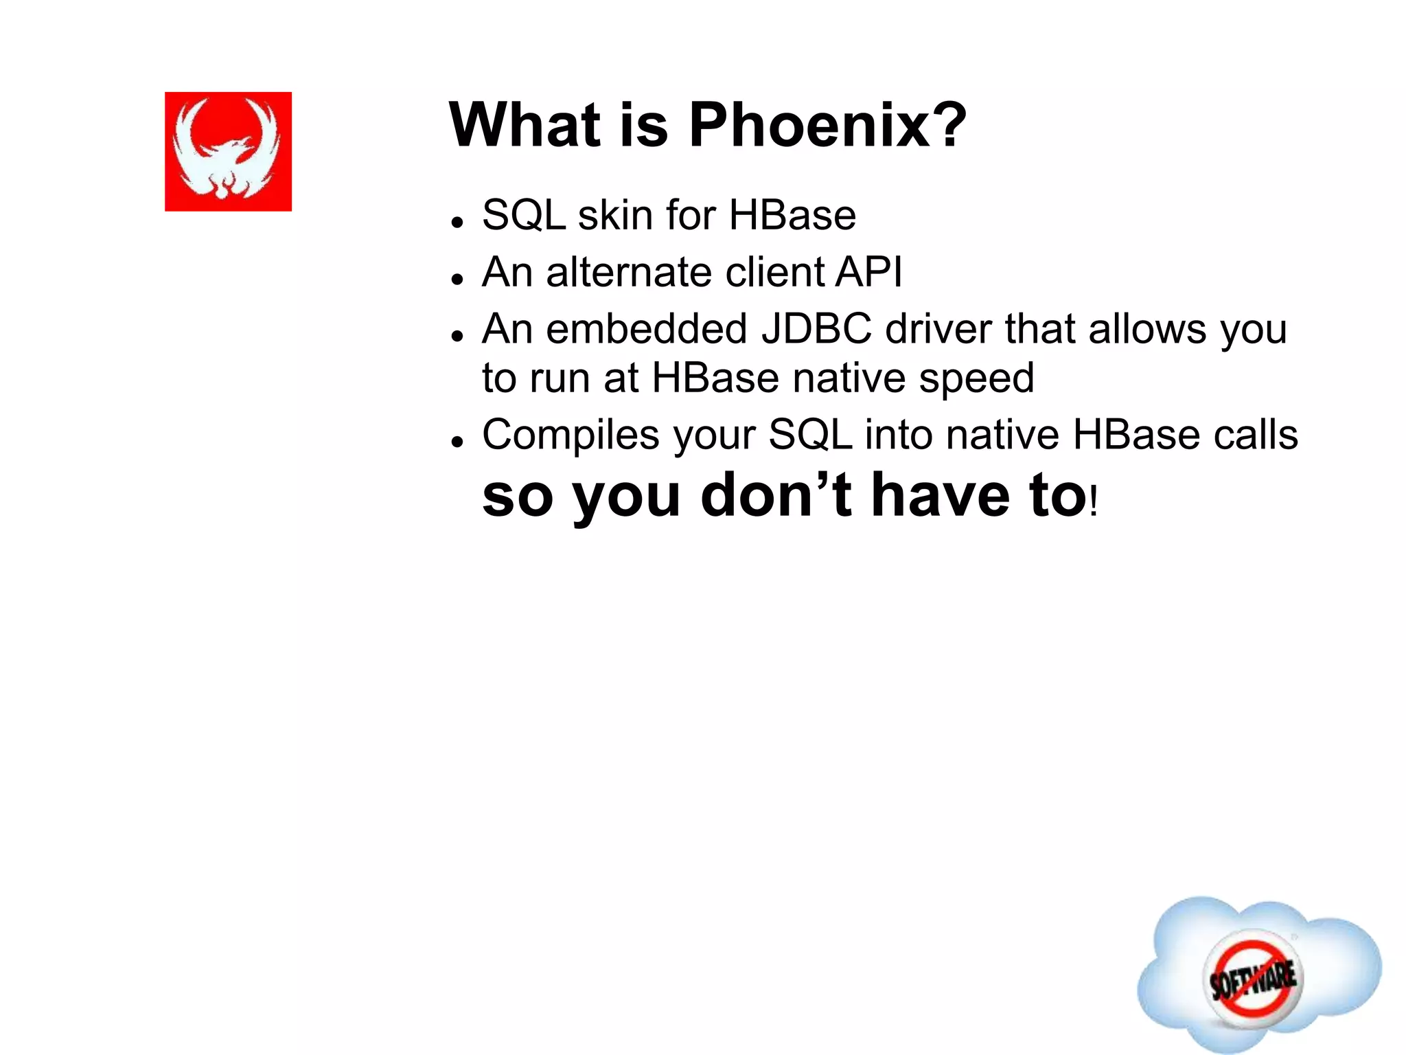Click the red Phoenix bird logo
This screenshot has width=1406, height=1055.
(228, 151)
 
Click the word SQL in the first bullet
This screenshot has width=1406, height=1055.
(523, 216)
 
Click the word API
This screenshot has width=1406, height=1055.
(868, 272)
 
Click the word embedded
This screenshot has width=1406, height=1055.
(646, 329)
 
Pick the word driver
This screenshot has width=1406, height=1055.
(938, 329)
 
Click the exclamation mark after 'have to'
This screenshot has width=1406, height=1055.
(1094, 501)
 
